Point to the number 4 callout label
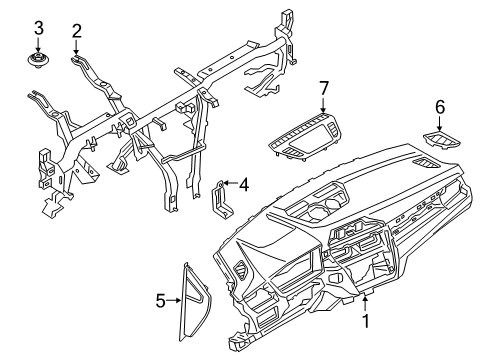click(244, 182)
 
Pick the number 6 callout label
click(440, 105)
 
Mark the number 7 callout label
click(322, 90)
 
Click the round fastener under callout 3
click(38, 62)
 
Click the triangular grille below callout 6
click(437, 141)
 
